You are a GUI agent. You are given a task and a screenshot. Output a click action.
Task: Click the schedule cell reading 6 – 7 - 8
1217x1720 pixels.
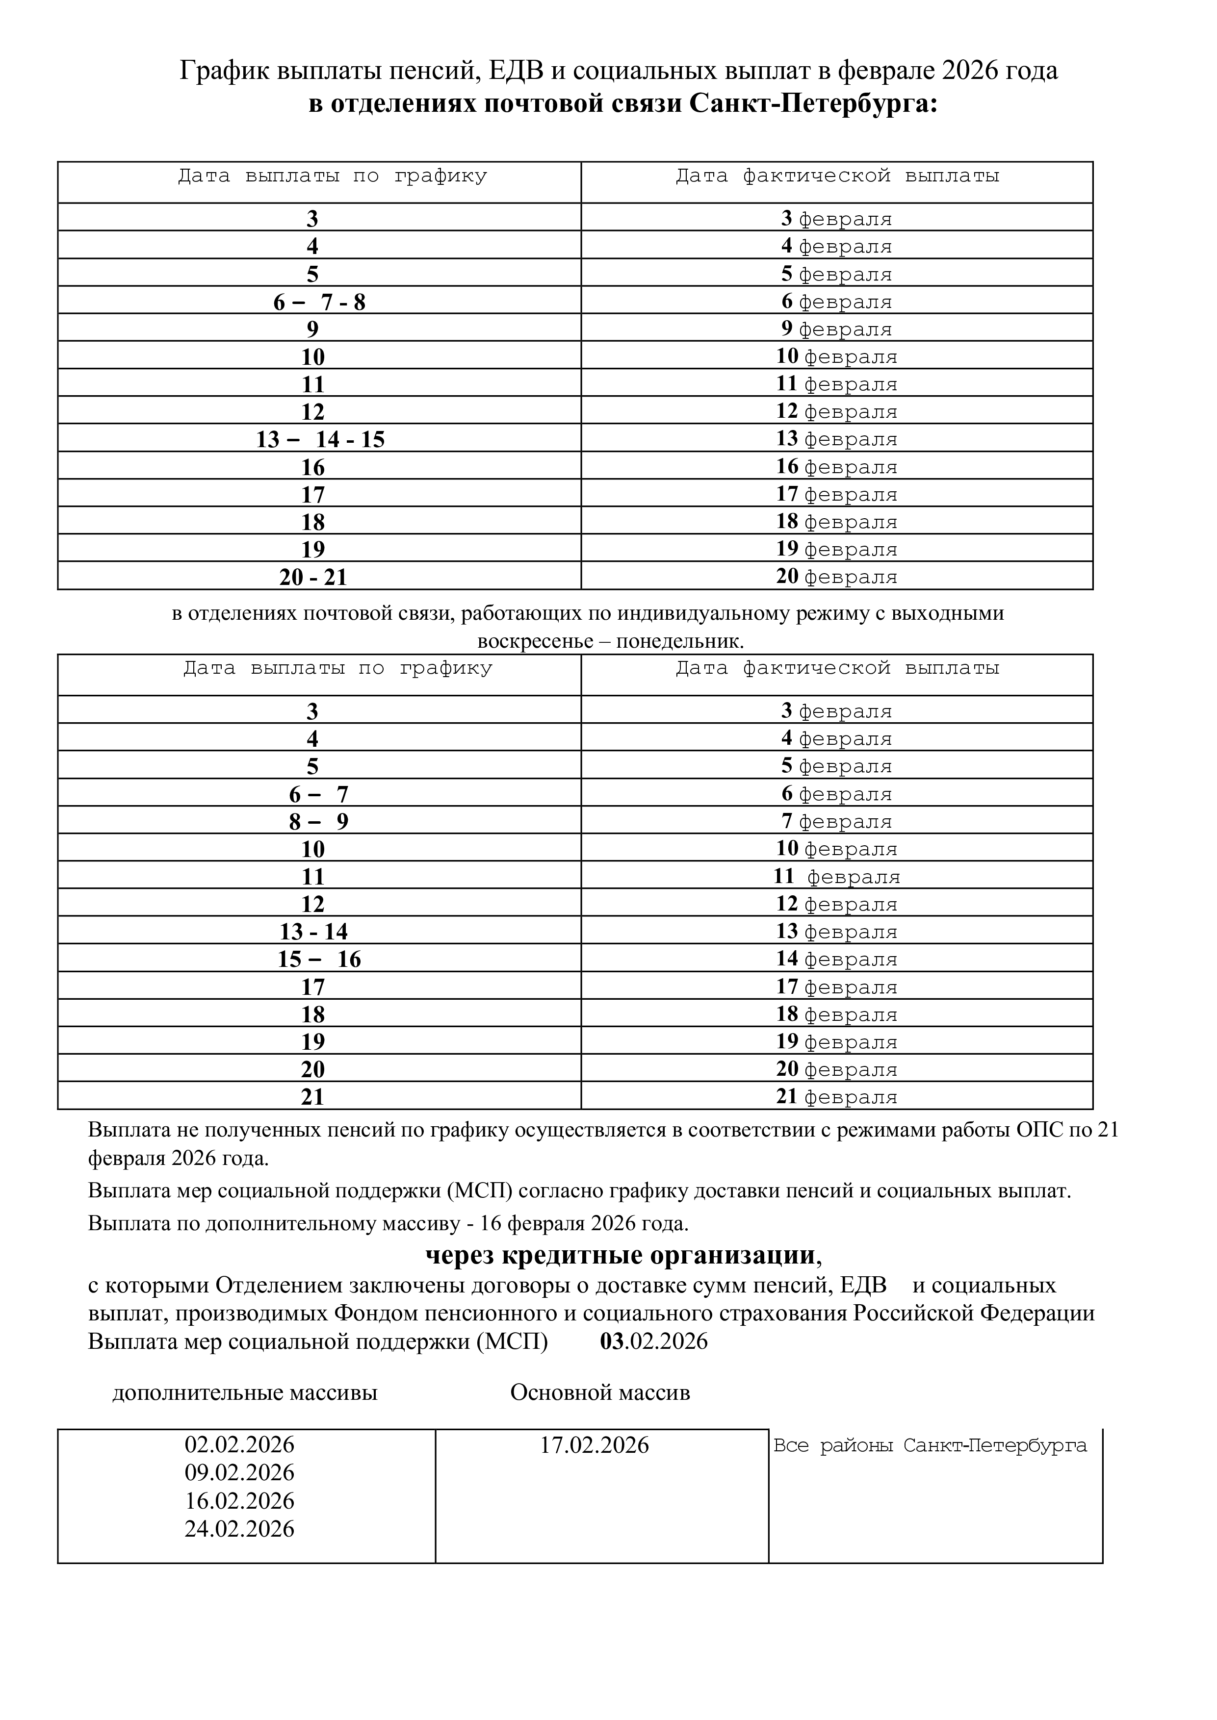pos(319,302)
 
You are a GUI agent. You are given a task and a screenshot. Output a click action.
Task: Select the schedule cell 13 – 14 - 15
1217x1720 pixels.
pos(320,439)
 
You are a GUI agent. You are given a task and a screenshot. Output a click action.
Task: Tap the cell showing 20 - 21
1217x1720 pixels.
pos(313,577)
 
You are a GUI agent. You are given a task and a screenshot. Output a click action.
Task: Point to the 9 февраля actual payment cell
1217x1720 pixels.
pos(836,329)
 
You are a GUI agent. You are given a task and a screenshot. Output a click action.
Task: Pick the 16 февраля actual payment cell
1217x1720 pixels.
pos(836,467)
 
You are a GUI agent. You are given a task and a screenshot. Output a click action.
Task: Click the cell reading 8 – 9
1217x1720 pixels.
pos(318,822)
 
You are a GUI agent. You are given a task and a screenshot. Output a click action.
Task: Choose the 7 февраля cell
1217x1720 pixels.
pos(836,821)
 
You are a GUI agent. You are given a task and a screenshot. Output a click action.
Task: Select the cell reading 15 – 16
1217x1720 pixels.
pos(319,959)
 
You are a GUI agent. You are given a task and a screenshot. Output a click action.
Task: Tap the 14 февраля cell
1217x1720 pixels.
pos(836,959)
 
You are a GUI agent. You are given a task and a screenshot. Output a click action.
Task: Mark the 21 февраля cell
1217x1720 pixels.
pos(836,1097)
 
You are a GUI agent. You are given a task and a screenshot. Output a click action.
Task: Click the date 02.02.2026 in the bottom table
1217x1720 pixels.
pos(240,1444)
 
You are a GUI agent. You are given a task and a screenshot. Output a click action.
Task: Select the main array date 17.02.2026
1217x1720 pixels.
pos(594,1445)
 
